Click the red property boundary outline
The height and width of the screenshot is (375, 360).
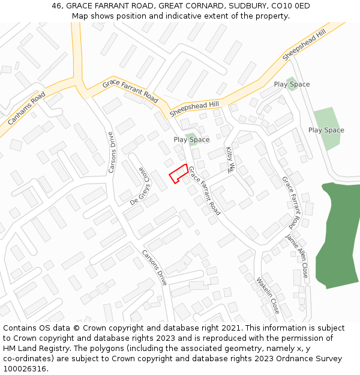point(178,173)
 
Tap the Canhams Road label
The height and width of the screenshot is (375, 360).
point(26,109)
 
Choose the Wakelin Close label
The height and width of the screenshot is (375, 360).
point(268,296)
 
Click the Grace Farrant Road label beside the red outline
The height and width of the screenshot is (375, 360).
point(204,191)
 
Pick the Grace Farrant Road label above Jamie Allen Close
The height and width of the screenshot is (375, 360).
point(290,202)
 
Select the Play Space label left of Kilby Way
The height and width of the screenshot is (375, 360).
point(191,140)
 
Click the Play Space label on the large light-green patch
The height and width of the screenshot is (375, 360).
point(326,130)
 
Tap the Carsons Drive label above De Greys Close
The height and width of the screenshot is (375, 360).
point(111,152)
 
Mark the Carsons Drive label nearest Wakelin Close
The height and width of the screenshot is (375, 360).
point(154,267)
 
